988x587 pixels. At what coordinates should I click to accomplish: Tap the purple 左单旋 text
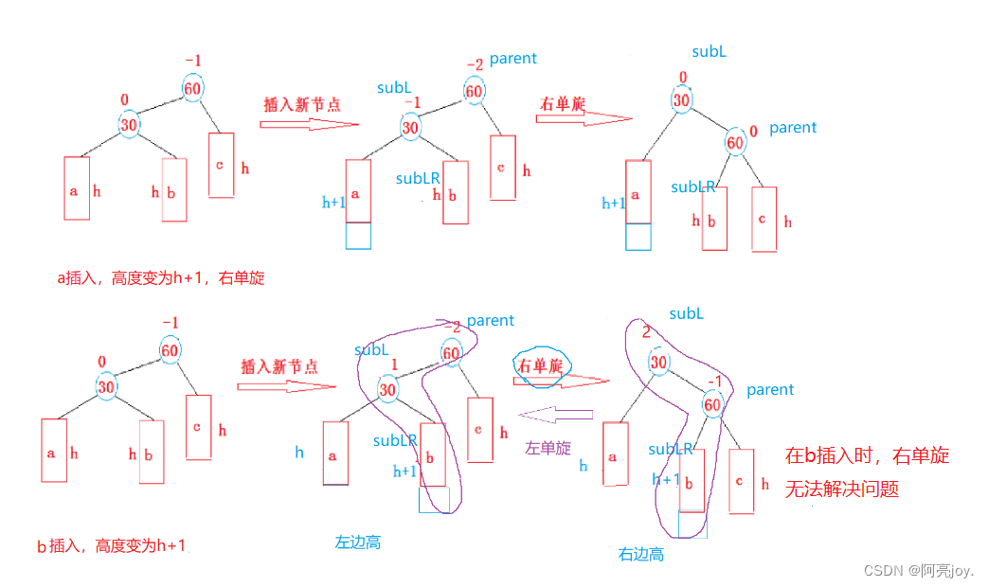point(548,448)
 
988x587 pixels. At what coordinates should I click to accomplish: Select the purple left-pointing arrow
point(556,415)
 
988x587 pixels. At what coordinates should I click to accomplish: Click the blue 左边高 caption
point(357,543)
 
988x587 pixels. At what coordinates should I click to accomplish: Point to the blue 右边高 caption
point(641,554)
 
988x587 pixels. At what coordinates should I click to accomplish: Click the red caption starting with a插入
point(160,278)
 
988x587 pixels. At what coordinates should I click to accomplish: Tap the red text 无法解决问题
point(841,489)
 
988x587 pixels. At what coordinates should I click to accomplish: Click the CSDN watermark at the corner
point(918,570)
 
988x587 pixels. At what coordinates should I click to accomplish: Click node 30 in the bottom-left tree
point(106,387)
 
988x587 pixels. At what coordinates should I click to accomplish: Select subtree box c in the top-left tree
point(221,165)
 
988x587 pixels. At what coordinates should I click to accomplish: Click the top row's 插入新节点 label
point(301,104)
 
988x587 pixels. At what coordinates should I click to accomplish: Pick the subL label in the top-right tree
point(709,52)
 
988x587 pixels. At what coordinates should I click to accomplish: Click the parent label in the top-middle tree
point(513,59)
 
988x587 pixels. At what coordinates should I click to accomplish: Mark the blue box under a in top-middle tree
point(358,236)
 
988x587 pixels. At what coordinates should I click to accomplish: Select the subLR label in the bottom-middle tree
point(395,440)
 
